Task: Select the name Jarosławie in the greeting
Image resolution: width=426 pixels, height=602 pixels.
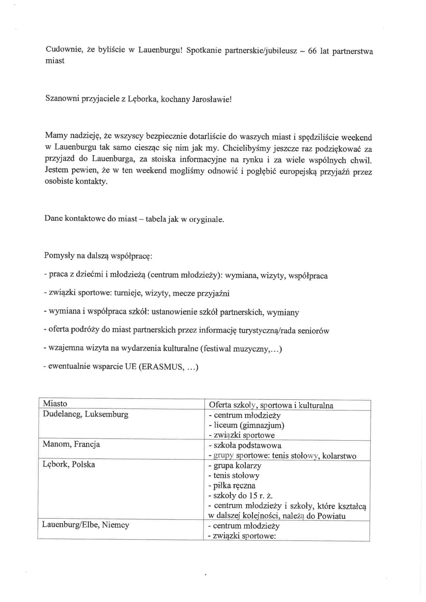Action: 212,99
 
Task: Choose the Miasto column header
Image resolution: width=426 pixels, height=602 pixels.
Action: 55,404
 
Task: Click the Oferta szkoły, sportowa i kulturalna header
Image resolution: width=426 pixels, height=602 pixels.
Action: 271,405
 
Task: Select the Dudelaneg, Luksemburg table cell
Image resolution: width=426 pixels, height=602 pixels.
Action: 86,414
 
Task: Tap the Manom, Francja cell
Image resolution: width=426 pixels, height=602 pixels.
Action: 71,444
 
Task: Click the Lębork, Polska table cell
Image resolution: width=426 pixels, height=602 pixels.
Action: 69,464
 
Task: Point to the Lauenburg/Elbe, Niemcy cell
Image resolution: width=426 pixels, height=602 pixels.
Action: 86,525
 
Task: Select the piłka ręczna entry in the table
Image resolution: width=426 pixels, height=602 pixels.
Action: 234,486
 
